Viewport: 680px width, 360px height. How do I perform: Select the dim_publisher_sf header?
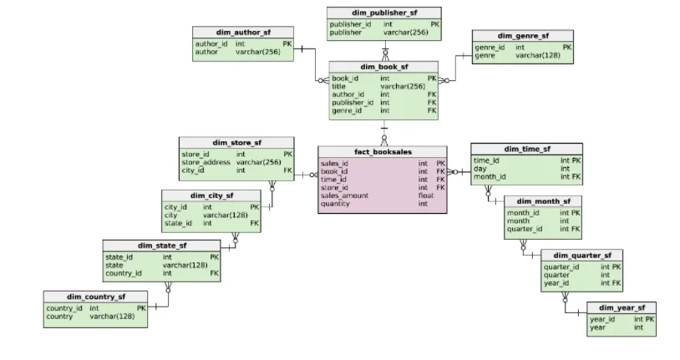[383, 12]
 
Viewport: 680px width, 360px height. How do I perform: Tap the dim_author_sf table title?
[243, 32]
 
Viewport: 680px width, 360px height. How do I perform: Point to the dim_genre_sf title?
[523, 36]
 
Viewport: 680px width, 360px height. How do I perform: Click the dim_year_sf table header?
[621, 307]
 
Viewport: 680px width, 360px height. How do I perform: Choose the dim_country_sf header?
[96, 297]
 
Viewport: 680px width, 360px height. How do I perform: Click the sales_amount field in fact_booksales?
[344, 195]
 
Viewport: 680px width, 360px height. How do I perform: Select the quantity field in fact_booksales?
[335, 204]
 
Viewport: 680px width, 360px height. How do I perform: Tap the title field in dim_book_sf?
[338, 86]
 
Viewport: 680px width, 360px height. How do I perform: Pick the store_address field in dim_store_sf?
[206, 162]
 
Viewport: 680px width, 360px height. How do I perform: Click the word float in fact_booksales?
[425, 195]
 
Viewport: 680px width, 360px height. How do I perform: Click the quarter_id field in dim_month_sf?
[525, 229]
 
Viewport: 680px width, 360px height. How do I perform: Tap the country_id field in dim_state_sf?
[124, 273]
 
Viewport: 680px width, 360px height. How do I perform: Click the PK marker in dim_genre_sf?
[567, 48]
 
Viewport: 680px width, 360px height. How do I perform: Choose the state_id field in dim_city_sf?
[178, 223]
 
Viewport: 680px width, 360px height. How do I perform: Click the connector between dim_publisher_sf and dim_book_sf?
[384, 50]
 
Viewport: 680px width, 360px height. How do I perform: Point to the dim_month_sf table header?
[543, 201]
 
